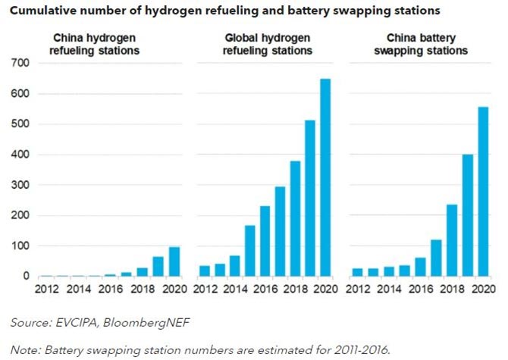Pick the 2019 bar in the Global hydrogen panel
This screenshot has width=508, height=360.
click(310, 198)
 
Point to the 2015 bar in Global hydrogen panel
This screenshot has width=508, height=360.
click(250, 251)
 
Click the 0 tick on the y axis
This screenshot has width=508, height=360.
click(24, 277)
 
